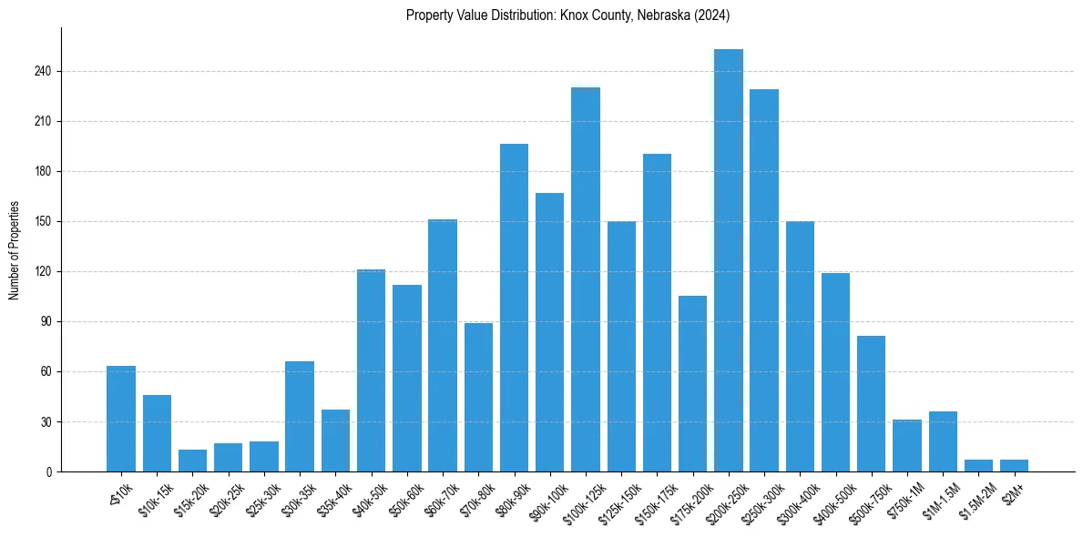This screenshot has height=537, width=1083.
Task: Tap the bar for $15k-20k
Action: [192, 461]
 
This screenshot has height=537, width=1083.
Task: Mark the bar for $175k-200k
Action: [692, 383]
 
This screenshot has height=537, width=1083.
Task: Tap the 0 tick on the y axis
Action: [53, 471]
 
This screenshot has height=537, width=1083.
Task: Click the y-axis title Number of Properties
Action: [14, 250]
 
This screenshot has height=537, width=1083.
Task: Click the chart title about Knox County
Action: [567, 15]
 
